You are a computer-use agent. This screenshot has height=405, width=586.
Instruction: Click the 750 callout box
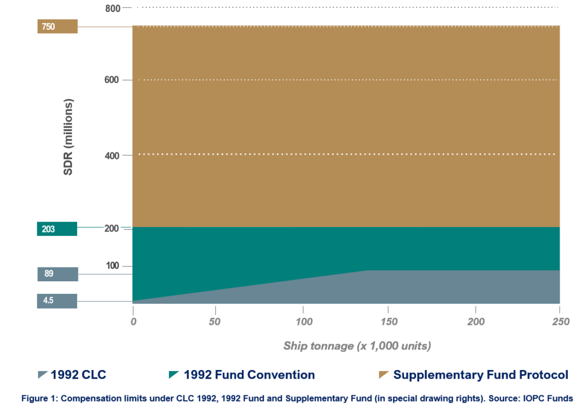pos(57,26)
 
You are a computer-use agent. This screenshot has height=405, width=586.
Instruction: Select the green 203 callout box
pos(57,229)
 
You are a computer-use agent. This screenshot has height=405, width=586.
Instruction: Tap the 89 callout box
pos(57,274)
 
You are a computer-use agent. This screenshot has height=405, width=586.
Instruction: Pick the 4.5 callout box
pos(57,300)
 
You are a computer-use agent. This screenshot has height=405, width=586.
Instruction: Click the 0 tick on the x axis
pos(133,322)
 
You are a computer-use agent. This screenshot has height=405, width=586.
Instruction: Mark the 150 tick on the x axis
pos(389,322)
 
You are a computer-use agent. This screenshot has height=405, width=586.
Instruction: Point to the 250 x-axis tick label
pos(561,322)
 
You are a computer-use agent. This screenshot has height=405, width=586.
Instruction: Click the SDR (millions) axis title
pos(68,137)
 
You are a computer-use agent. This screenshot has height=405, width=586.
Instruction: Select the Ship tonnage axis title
pos(357,346)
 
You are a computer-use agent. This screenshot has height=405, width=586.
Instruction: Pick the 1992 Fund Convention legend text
pos(249,375)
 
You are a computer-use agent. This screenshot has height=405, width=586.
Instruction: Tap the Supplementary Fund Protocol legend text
pos(481,375)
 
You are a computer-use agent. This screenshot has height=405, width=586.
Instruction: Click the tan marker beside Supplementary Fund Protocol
pos(383,375)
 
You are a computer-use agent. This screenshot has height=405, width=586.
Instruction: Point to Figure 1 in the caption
pos(38,396)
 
